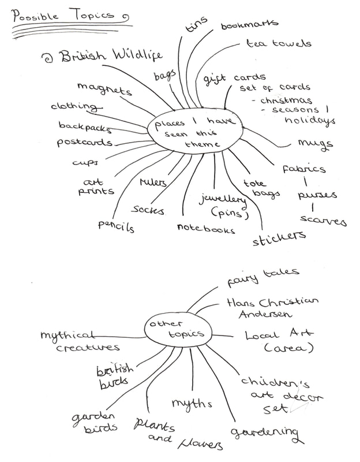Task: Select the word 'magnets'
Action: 104,89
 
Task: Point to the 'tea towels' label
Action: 279,44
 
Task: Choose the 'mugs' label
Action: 315,143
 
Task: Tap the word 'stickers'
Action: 279,237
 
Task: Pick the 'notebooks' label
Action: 206,229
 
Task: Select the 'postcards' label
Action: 84,141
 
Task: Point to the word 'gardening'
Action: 266,433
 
